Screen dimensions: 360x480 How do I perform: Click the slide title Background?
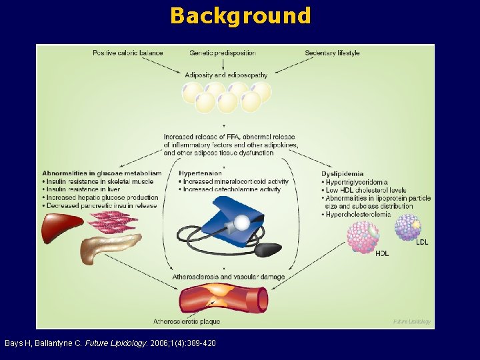click(240, 15)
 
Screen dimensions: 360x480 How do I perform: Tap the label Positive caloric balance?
click(128, 53)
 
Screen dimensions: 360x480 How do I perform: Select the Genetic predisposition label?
click(223, 53)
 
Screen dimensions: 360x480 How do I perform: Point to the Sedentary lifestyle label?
click(332, 53)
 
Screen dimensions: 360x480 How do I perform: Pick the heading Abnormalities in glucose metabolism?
click(101, 173)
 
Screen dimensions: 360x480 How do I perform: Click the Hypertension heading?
click(201, 173)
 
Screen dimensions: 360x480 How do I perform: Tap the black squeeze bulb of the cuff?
click(269, 250)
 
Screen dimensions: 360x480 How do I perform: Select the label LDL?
click(422, 243)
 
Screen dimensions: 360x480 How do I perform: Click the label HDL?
click(382, 253)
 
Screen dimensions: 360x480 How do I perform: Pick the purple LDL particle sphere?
click(407, 227)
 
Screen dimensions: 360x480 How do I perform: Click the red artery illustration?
click(225, 299)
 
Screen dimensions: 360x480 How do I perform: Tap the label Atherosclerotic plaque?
click(187, 322)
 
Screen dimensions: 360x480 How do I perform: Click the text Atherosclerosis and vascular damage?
click(229, 277)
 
